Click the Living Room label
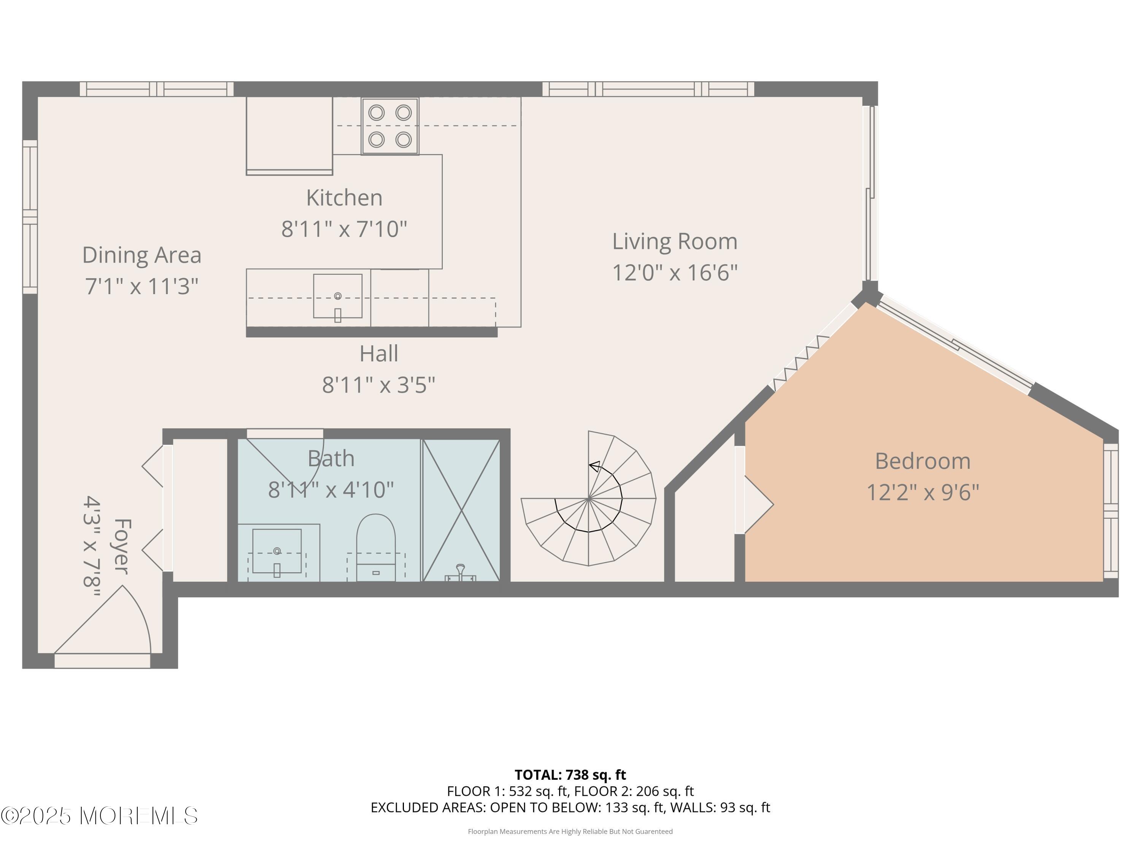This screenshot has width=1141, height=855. coord(674,242)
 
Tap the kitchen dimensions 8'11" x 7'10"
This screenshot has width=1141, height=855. coord(344,229)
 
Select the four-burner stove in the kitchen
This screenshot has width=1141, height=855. coord(390,126)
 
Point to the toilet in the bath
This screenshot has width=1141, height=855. coord(376,546)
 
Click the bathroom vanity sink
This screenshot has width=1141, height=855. coord(277,550)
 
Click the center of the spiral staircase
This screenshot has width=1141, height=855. coord(588,498)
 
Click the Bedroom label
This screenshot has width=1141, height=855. coord(922,461)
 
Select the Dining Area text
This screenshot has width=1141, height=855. coord(142,255)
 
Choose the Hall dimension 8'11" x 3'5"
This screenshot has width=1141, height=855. coord(378,385)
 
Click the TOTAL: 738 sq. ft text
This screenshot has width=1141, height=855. coord(570,774)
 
